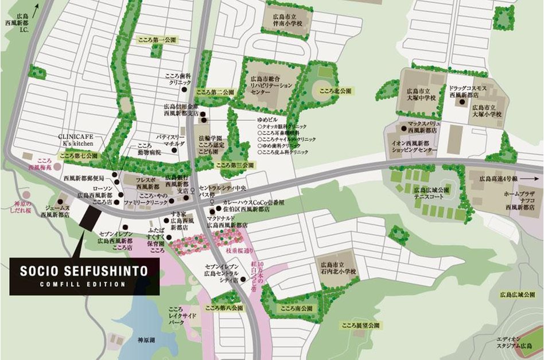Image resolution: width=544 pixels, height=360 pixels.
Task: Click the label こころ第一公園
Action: click(x=157, y=41)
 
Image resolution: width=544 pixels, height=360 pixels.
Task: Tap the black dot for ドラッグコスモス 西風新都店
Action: click(x=462, y=102)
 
